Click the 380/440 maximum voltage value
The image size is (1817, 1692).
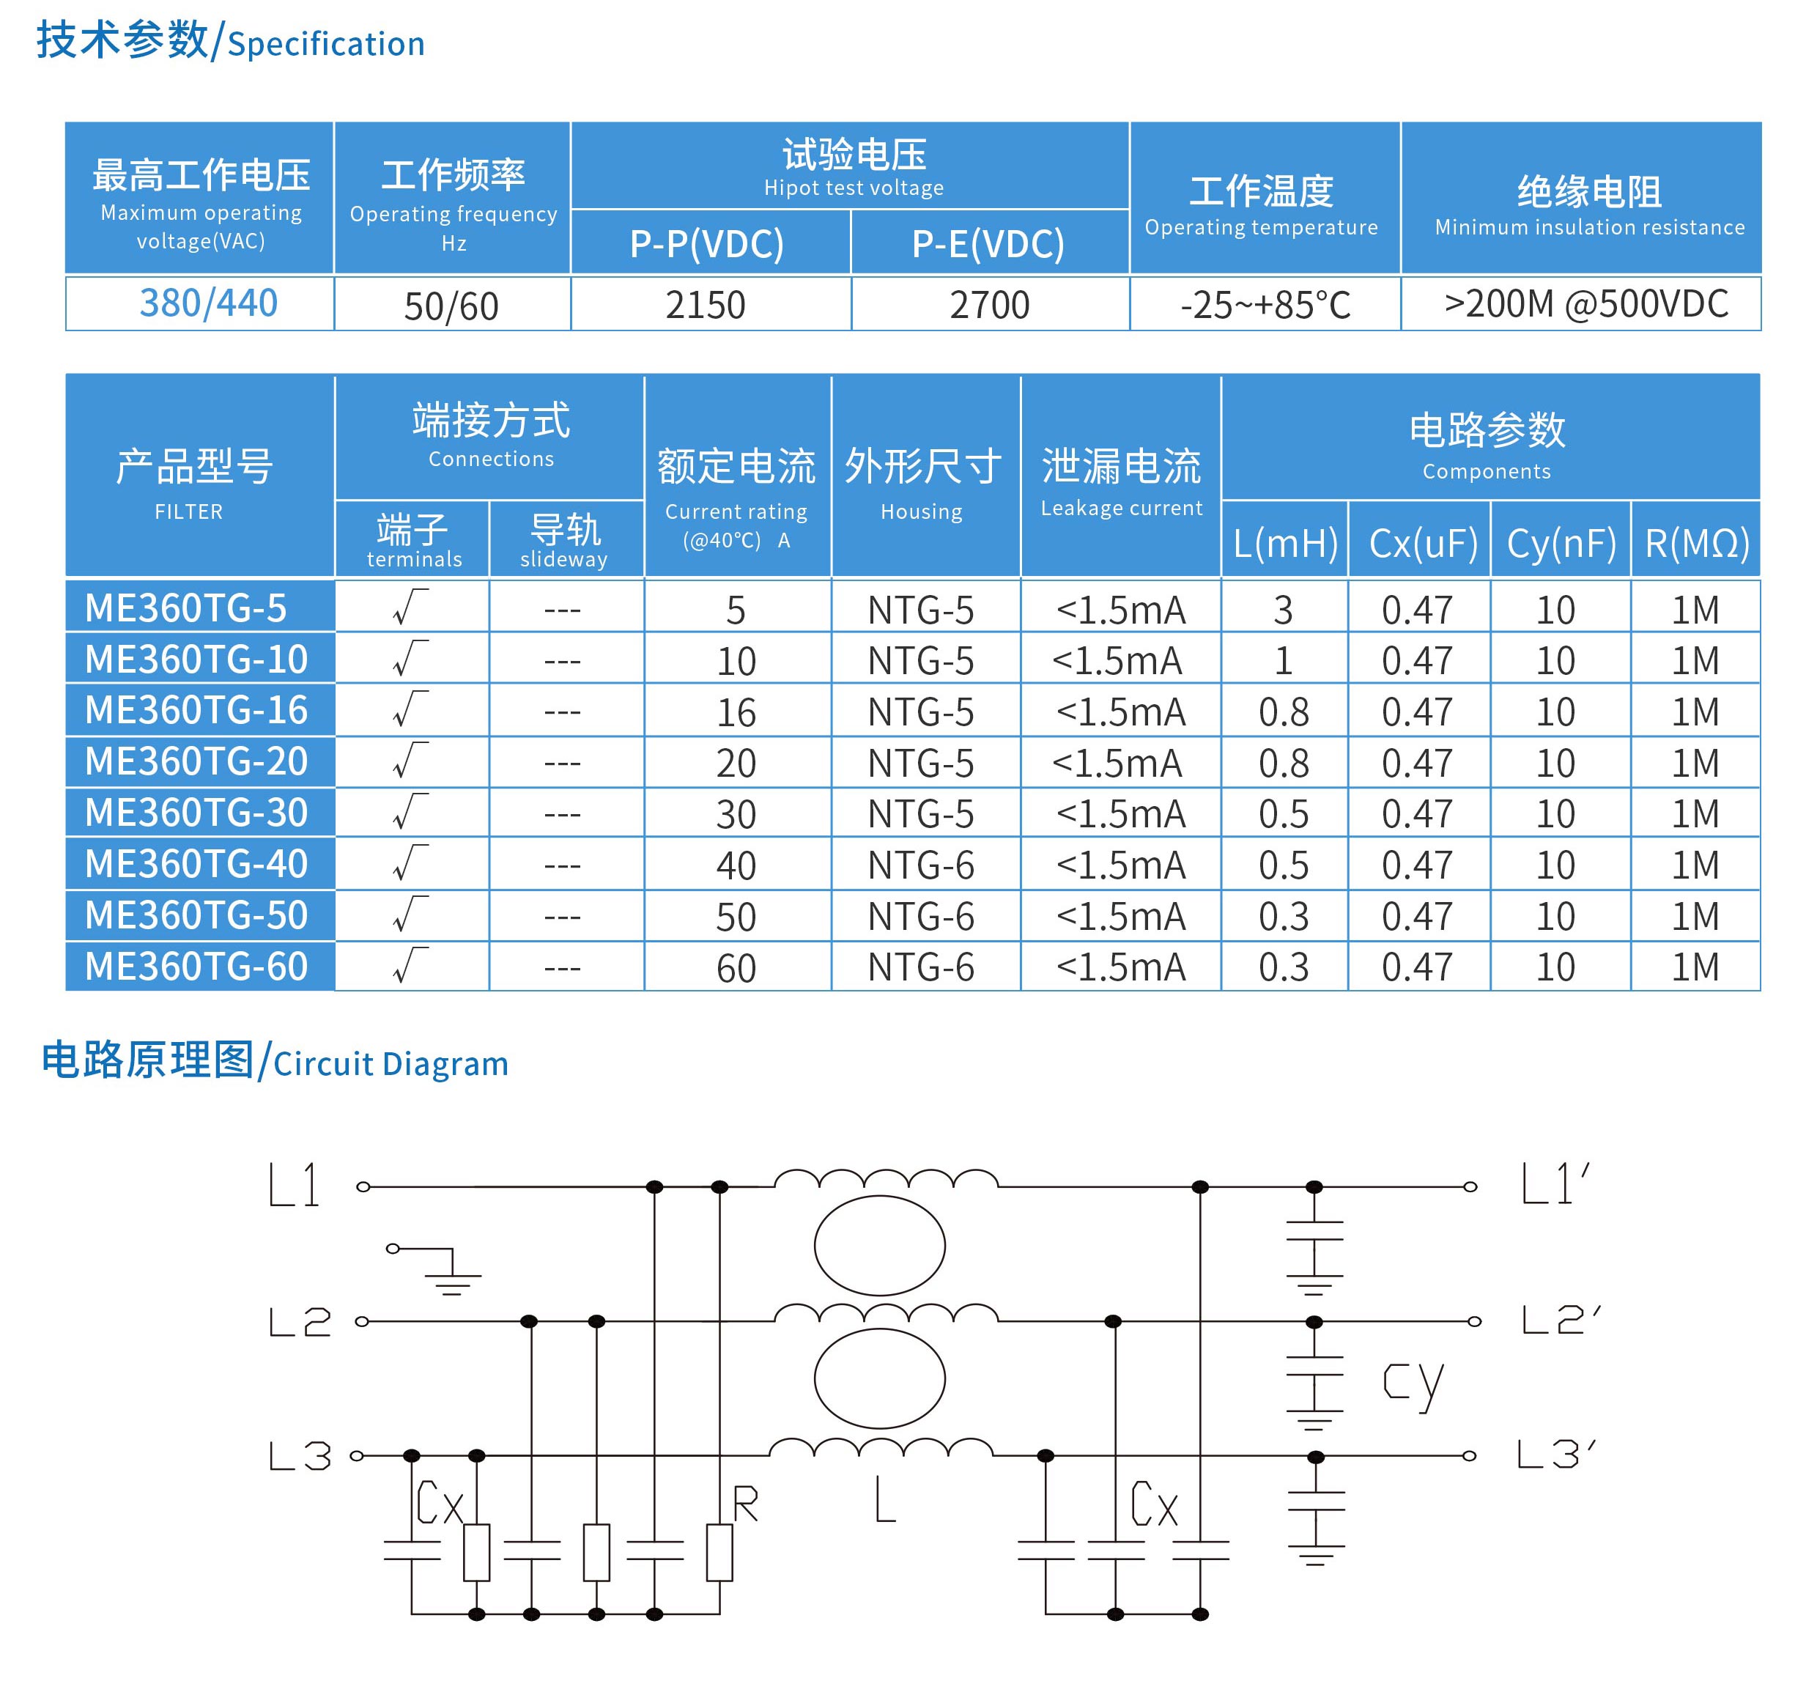coord(208,303)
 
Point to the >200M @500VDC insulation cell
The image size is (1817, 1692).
coord(1585,303)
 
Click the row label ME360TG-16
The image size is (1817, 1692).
coord(196,710)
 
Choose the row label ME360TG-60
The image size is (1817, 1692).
coord(196,967)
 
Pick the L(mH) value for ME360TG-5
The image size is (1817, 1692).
coord(1283,610)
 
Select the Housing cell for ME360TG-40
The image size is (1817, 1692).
coord(920,865)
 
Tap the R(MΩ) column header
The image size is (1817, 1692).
coord(1696,544)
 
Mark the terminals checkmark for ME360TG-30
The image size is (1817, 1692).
coord(410,812)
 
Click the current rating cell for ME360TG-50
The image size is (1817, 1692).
coord(736,917)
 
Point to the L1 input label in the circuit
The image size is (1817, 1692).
coord(295,1186)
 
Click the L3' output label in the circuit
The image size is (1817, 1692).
coord(1555,1453)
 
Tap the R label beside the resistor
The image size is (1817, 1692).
coord(745,1504)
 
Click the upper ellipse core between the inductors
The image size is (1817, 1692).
coord(879,1245)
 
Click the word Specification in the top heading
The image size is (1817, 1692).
coord(326,44)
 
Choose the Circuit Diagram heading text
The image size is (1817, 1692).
coord(391,1064)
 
